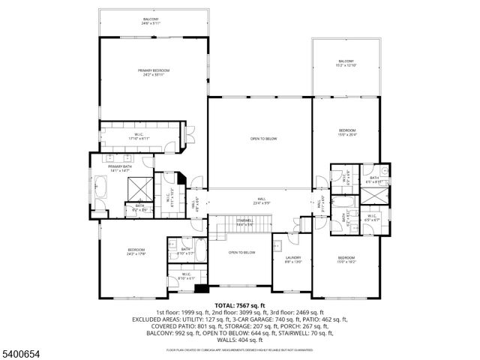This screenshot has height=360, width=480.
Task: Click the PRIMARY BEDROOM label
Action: pos(153,70)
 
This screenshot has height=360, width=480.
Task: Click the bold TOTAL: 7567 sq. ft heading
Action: pos(240,306)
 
